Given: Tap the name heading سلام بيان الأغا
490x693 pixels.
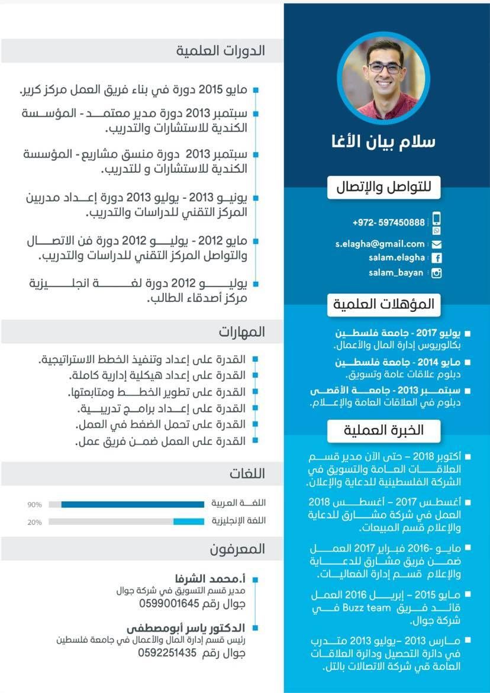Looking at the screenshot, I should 383,143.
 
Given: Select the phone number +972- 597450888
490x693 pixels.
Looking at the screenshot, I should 388,223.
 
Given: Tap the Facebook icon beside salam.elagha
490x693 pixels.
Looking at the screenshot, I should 437,258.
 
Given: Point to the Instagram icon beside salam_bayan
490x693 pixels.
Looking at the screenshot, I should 437,273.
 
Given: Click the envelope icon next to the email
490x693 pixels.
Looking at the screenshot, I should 437,244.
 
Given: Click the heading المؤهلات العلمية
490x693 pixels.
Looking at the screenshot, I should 384,305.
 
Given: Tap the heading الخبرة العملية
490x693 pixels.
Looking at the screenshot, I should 384,430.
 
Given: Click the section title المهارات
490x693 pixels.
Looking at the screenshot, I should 241,331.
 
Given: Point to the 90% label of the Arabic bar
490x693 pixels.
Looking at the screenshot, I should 34,505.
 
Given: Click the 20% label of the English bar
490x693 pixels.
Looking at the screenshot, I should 34,522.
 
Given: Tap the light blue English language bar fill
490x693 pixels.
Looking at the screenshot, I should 188,521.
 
